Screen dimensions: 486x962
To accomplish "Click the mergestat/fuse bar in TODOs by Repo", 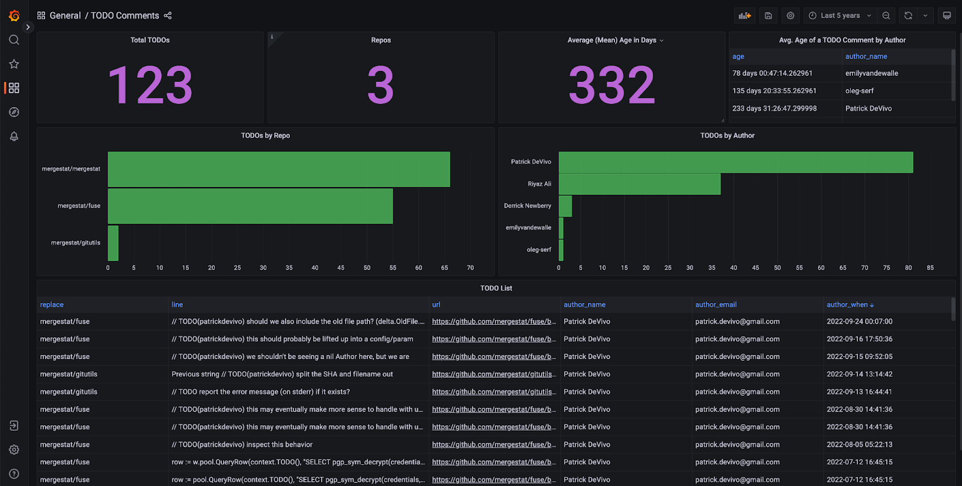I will pos(250,206).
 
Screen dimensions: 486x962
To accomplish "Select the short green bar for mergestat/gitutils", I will pos(113,243).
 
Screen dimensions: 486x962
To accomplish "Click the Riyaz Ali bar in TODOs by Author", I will pos(639,184).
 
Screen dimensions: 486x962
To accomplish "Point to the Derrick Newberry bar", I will pos(565,206).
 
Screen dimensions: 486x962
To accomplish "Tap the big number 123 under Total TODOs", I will pos(150,85).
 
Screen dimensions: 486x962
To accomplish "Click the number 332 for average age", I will pos(611,85).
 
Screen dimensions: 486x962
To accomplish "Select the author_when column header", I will pos(847,305).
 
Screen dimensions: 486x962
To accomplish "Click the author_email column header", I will pos(715,305).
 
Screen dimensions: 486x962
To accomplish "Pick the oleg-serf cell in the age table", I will pos(859,91).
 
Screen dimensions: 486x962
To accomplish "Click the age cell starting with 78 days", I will pos(772,73).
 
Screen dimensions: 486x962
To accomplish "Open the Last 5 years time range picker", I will pos(840,16).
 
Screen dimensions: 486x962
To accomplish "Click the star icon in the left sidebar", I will pos(14,64).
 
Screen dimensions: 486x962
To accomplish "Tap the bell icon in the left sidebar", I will pos(14,137).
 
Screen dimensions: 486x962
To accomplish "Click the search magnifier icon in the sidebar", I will pos(14,40).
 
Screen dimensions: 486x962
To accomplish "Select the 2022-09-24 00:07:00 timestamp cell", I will pos(859,322).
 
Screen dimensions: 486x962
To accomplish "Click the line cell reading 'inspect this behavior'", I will pos(242,445).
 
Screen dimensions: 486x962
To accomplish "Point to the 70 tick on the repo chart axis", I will pos(470,268).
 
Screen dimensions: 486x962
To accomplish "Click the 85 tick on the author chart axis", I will pos(930,268).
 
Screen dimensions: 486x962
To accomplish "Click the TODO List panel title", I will pos(496,288).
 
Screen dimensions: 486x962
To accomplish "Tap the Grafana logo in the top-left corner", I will pos(14,16).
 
